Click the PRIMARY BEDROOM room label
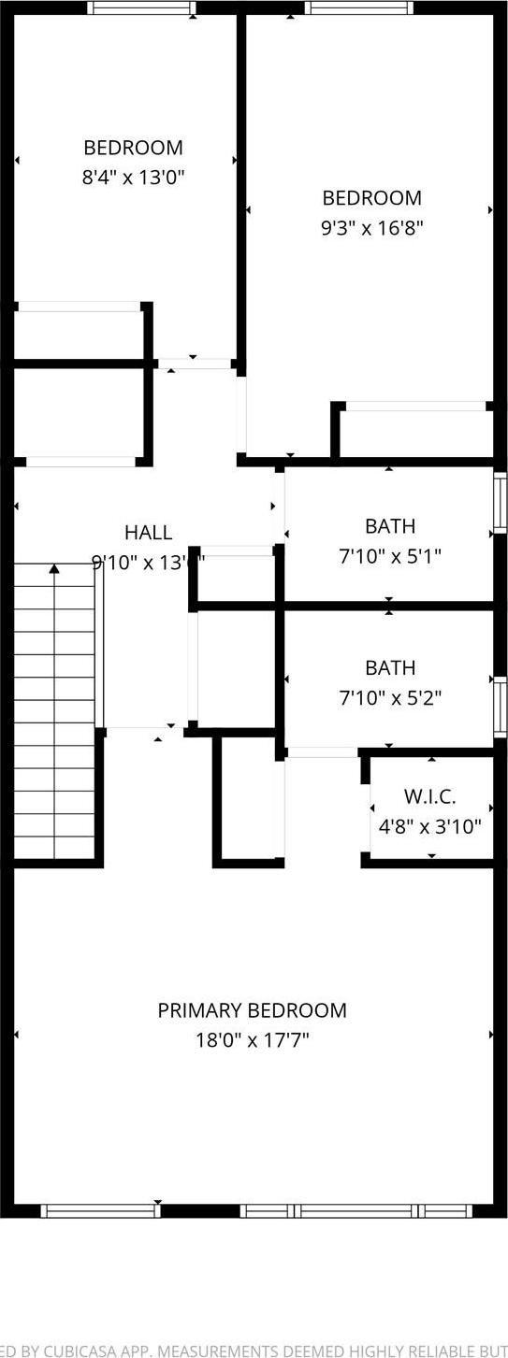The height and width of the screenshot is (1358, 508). [x=252, y=1010]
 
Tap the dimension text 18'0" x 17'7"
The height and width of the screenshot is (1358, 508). [x=252, y=1039]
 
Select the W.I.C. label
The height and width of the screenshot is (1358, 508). [x=429, y=796]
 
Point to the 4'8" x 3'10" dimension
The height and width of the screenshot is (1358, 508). [x=429, y=826]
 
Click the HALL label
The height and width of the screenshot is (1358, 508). [x=148, y=533]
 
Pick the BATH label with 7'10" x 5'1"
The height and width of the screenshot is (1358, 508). [x=389, y=526]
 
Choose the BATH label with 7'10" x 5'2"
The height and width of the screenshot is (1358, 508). [x=389, y=667]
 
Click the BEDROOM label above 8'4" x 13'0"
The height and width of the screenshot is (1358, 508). [x=133, y=148]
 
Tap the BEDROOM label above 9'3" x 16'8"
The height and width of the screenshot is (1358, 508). [x=371, y=198]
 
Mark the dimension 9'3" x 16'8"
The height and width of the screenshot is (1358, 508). [x=371, y=227]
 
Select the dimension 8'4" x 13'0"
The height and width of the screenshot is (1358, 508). [x=133, y=177]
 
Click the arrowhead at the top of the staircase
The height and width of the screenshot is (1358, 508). [x=54, y=568]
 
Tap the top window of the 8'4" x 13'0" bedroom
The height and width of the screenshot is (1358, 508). [x=142, y=8]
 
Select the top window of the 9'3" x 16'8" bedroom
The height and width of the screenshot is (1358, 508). [x=358, y=8]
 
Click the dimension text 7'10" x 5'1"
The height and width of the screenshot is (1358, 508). [x=389, y=556]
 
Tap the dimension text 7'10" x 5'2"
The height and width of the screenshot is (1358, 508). [x=389, y=697]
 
